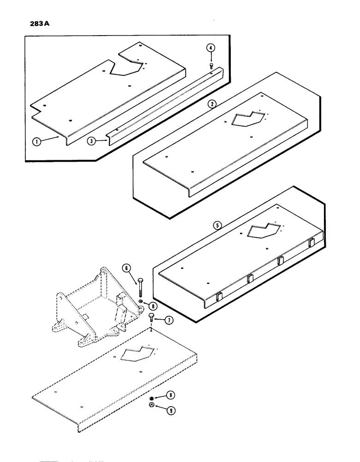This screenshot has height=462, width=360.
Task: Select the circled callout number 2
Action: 211,104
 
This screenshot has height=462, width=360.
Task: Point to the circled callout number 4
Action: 210,48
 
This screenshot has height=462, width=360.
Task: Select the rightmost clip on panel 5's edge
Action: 311,242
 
